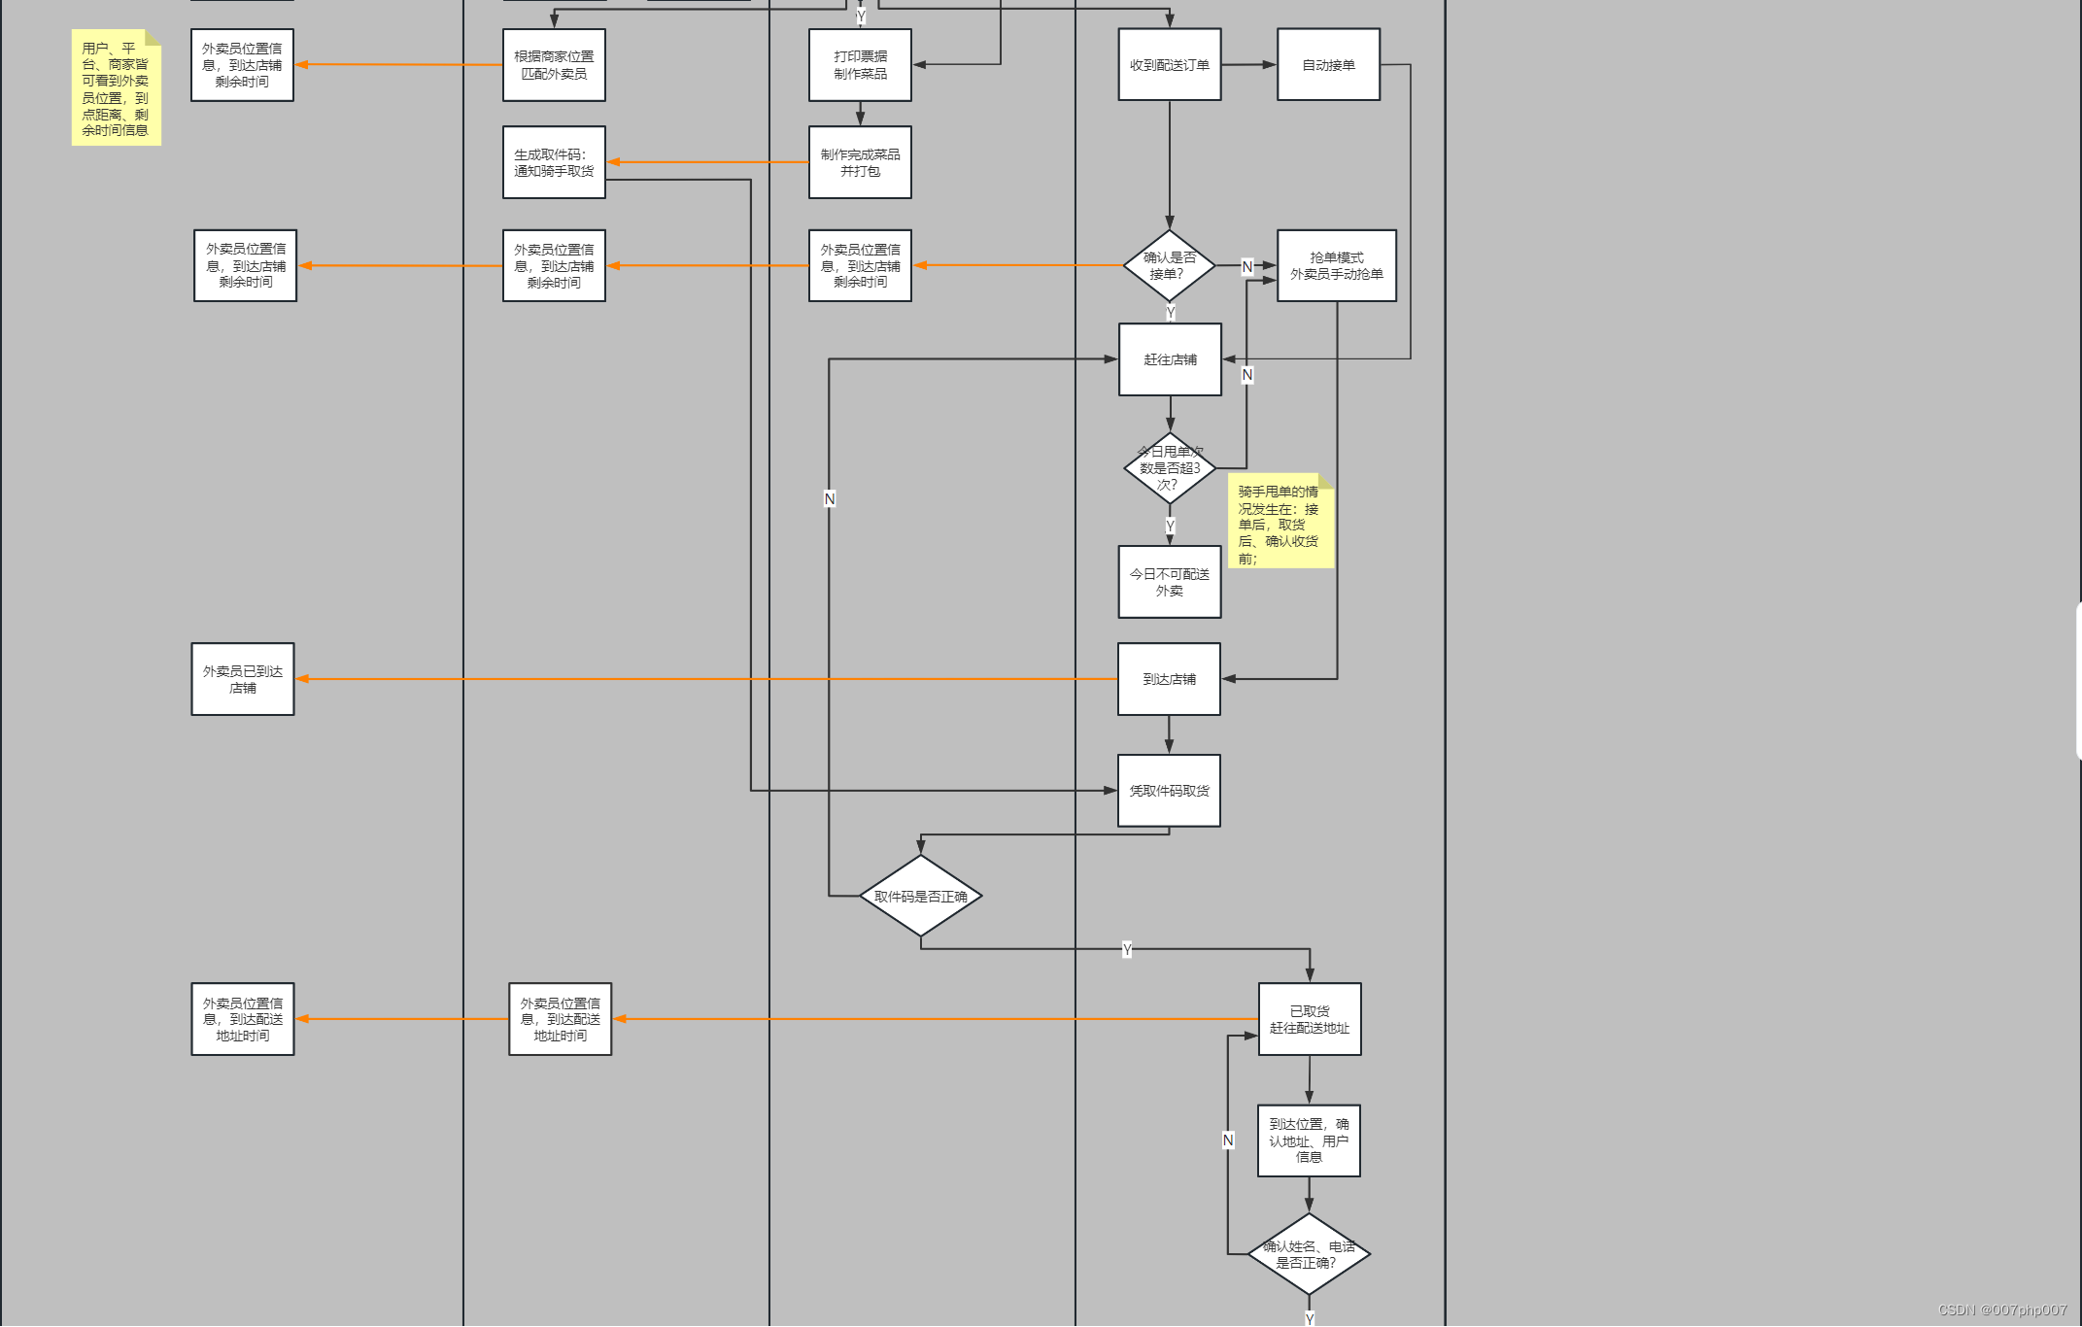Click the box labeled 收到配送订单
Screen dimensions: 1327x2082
1169,65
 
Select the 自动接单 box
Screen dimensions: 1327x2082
1328,65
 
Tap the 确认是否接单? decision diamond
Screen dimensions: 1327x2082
1169,265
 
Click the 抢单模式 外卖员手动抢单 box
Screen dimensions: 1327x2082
1336,265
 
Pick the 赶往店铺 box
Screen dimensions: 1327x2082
1170,359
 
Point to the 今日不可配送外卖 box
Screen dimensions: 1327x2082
1169,582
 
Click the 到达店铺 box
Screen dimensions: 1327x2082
1169,679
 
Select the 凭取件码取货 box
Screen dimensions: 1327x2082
1169,791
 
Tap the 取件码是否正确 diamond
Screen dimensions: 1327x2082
920,896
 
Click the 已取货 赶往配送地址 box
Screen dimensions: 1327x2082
1309,1019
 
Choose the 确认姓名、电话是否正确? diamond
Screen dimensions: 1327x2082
1309,1254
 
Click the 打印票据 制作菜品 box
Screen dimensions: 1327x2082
860,65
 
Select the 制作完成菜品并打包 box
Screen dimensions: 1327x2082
860,162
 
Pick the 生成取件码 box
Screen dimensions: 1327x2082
554,162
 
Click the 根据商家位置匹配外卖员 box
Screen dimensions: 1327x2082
554,65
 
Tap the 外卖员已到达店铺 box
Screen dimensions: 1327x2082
243,679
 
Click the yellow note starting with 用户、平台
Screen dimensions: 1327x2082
116,88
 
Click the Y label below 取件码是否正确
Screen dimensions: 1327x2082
1126,949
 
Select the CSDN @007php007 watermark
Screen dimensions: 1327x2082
2002,1310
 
